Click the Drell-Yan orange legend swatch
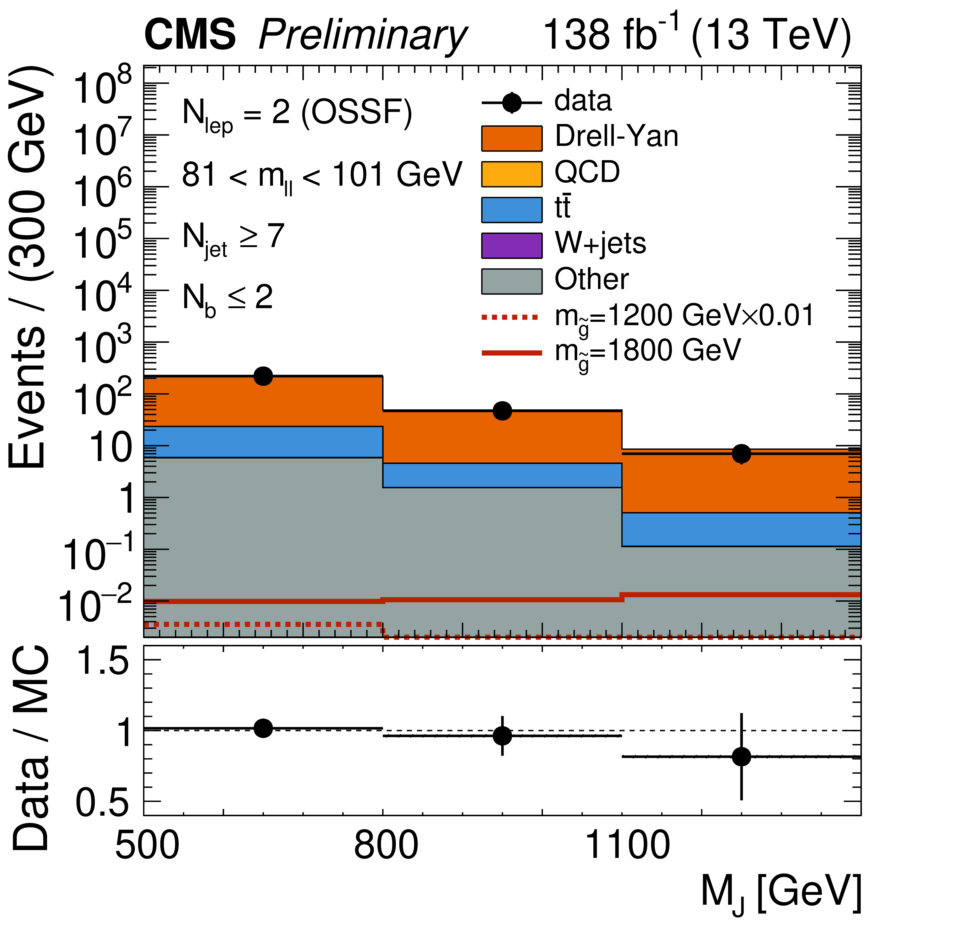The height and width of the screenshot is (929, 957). (x=512, y=138)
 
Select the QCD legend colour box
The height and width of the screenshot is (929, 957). (x=512, y=174)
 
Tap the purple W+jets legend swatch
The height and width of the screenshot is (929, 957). (x=512, y=245)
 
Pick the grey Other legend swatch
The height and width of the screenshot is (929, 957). (x=512, y=281)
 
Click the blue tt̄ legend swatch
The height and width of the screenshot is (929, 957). (x=512, y=210)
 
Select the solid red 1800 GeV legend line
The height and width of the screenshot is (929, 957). (x=512, y=353)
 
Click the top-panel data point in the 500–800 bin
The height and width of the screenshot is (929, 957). (x=263, y=376)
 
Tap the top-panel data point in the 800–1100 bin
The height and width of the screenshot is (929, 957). (x=502, y=411)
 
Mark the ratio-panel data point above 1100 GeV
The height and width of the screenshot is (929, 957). (x=741, y=757)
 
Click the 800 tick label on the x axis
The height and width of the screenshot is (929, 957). (x=386, y=846)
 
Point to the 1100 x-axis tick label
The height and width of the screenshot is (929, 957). (x=627, y=846)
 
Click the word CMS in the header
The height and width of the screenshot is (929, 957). (x=190, y=35)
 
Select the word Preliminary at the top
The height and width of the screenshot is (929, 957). (x=363, y=37)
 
